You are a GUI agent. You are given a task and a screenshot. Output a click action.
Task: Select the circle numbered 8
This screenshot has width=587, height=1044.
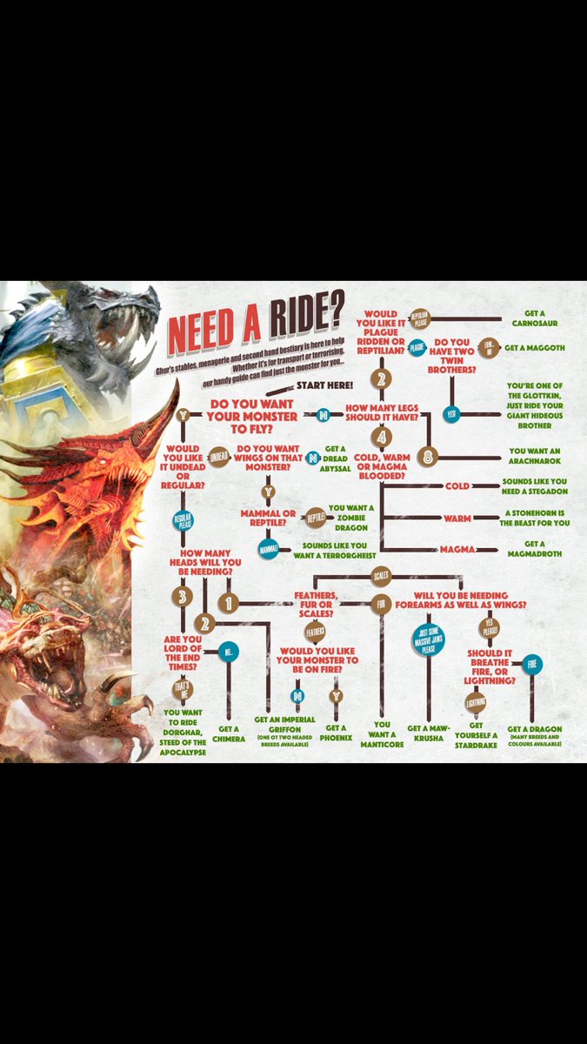pyautogui.click(x=427, y=456)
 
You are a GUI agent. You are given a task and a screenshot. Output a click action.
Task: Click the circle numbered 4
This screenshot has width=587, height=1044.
pyautogui.click(x=381, y=436)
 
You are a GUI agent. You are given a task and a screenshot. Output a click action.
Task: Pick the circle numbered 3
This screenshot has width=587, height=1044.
pyautogui.click(x=182, y=596)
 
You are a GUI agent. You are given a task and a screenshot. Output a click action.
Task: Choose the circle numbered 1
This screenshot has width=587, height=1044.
pyautogui.click(x=229, y=602)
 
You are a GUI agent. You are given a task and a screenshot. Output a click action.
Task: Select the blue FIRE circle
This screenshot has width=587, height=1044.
pyautogui.click(x=533, y=664)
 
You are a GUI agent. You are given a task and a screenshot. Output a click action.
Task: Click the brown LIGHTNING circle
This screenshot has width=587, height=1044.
pyautogui.click(x=476, y=702)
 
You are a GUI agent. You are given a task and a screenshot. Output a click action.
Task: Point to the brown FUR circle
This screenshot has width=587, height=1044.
pyautogui.click(x=380, y=602)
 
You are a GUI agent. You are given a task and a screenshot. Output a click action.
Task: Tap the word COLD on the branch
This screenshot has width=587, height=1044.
pyautogui.click(x=457, y=486)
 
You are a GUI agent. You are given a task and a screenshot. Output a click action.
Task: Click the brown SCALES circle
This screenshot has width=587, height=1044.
pyautogui.click(x=381, y=576)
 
